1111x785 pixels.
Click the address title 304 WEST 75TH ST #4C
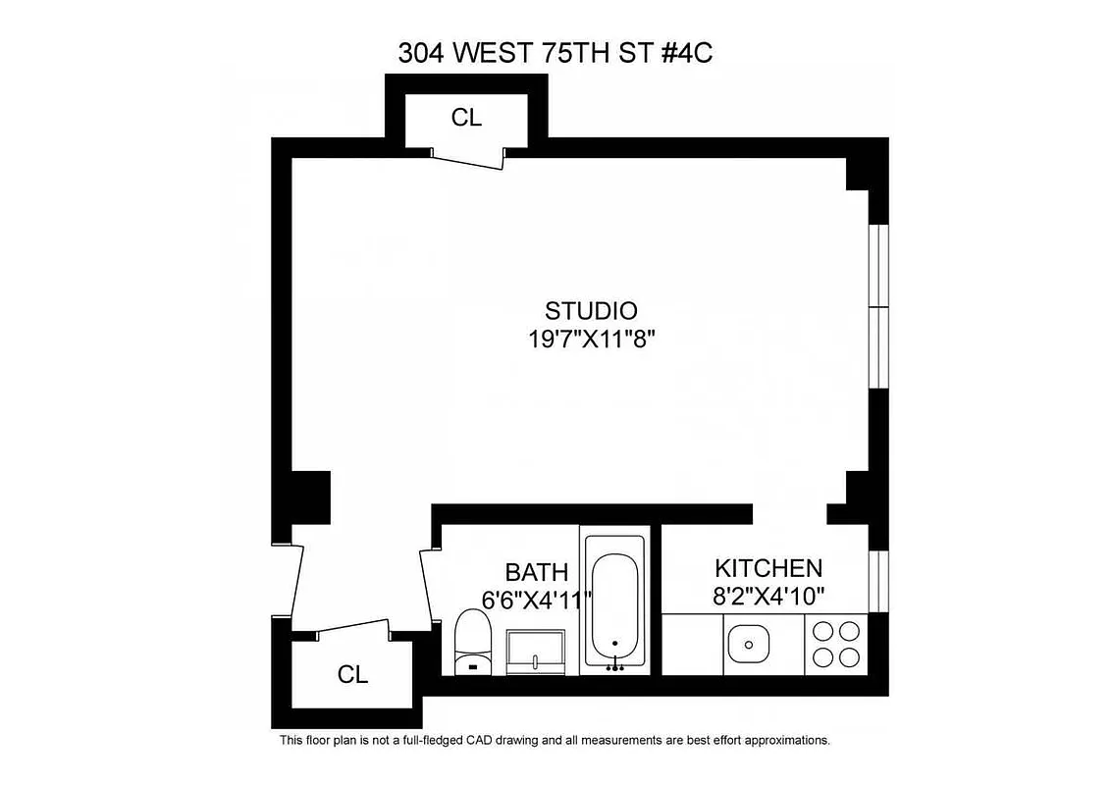pyautogui.click(x=555, y=53)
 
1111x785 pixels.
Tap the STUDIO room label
pyautogui.click(x=591, y=311)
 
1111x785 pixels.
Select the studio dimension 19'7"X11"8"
pyautogui.click(x=591, y=340)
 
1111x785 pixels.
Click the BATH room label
pyautogui.click(x=536, y=572)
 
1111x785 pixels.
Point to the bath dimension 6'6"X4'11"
pyautogui.click(x=536, y=599)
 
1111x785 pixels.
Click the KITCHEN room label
pyautogui.click(x=767, y=568)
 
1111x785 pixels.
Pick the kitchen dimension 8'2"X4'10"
pyautogui.click(x=767, y=595)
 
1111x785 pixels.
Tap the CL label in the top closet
pyautogui.click(x=466, y=118)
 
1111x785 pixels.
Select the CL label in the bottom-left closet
pyautogui.click(x=352, y=675)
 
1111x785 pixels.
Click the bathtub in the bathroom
pyautogui.click(x=614, y=603)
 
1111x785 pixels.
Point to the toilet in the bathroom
pyautogui.click(x=473, y=643)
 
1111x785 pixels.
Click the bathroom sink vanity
pyautogui.click(x=536, y=652)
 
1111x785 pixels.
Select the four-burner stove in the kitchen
pyautogui.click(x=835, y=645)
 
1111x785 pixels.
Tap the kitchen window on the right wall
pyautogui.click(x=878, y=581)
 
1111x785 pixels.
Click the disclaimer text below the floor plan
pyautogui.click(x=555, y=740)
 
